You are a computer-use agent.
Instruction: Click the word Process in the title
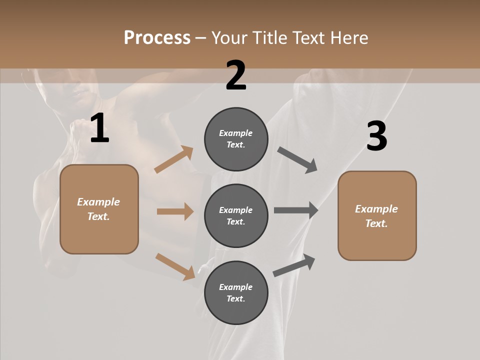[157, 38]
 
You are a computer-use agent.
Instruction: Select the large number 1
[99, 128]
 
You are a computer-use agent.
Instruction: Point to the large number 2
[236, 75]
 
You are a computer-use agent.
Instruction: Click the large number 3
[376, 136]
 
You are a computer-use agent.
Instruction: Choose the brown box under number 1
[99, 209]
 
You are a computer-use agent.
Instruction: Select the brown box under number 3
[377, 216]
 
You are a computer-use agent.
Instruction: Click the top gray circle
[236, 139]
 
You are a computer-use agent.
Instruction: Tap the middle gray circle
[236, 215]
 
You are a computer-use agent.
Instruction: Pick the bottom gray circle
[236, 292]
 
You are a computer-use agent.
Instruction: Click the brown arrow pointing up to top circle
[174, 159]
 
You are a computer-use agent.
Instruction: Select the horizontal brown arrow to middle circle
[175, 211]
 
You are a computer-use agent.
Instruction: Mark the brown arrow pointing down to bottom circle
[175, 266]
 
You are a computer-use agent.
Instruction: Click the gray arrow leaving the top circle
[297, 159]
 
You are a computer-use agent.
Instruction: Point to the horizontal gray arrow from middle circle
[296, 210]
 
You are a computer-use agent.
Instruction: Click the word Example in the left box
[98, 202]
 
